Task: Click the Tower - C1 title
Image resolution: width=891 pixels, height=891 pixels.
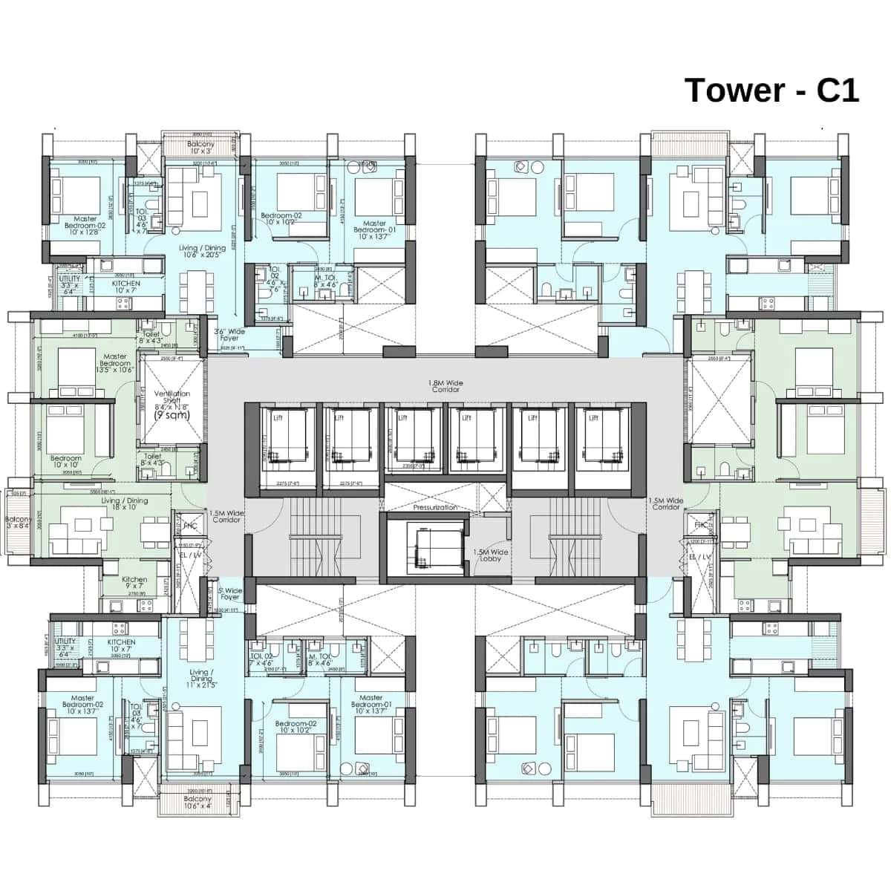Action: [771, 90]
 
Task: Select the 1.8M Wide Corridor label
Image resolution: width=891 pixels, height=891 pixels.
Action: [446, 386]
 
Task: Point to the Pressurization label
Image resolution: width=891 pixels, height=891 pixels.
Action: [435, 508]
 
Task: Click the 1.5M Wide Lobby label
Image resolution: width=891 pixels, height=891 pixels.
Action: [491, 555]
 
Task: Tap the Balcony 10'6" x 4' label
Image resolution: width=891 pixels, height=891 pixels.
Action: [198, 803]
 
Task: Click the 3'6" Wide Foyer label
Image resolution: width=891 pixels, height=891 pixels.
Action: [229, 335]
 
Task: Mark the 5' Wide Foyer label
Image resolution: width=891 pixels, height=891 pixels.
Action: [230, 593]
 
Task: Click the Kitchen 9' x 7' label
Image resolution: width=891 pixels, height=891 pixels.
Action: [134, 584]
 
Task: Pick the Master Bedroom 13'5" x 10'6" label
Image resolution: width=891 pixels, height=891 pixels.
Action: [115, 363]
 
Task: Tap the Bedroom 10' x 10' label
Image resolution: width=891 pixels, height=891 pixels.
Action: [66, 462]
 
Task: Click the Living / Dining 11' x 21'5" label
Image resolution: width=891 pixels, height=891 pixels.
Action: [200, 680]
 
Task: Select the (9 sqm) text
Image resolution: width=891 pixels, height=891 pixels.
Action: [172, 416]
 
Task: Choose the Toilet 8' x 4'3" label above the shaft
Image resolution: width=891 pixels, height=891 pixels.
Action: [152, 338]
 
